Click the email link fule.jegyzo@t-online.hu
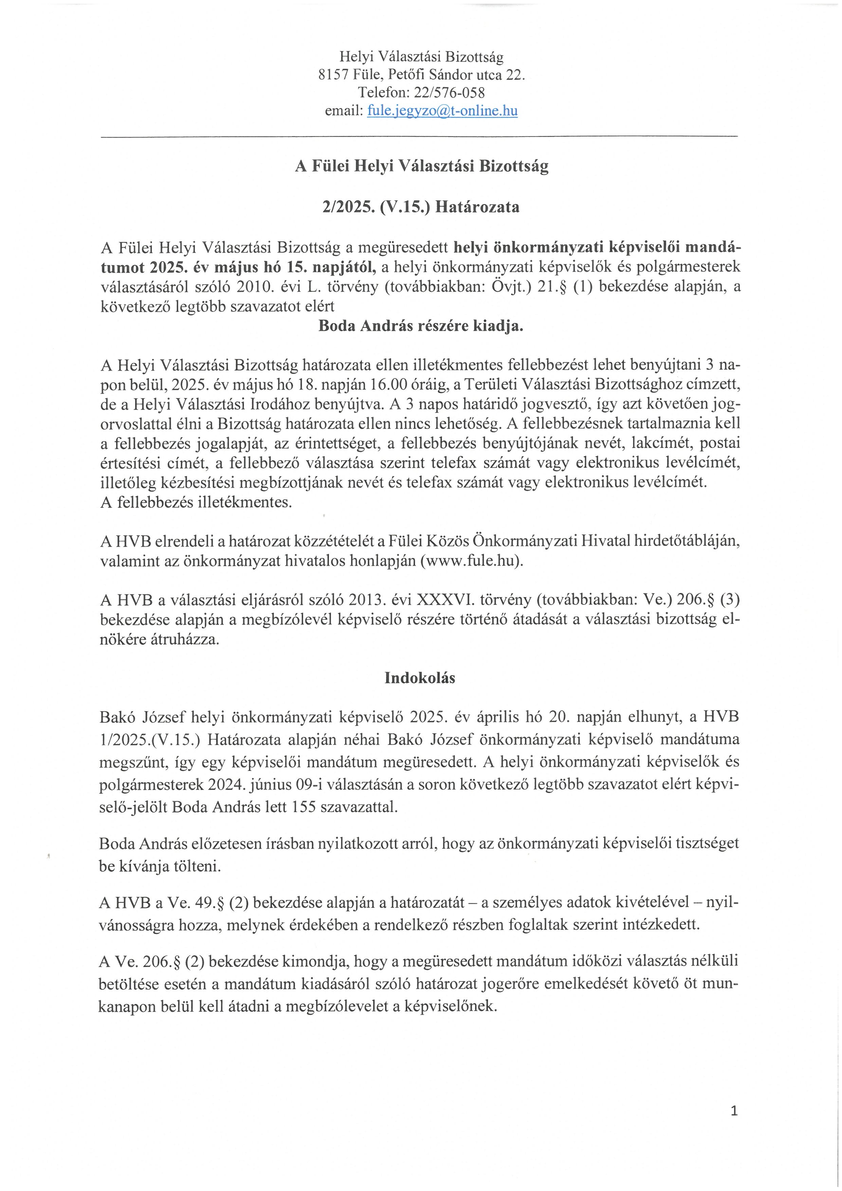(x=442, y=111)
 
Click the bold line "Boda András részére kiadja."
(x=420, y=327)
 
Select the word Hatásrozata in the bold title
(x=477, y=207)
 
